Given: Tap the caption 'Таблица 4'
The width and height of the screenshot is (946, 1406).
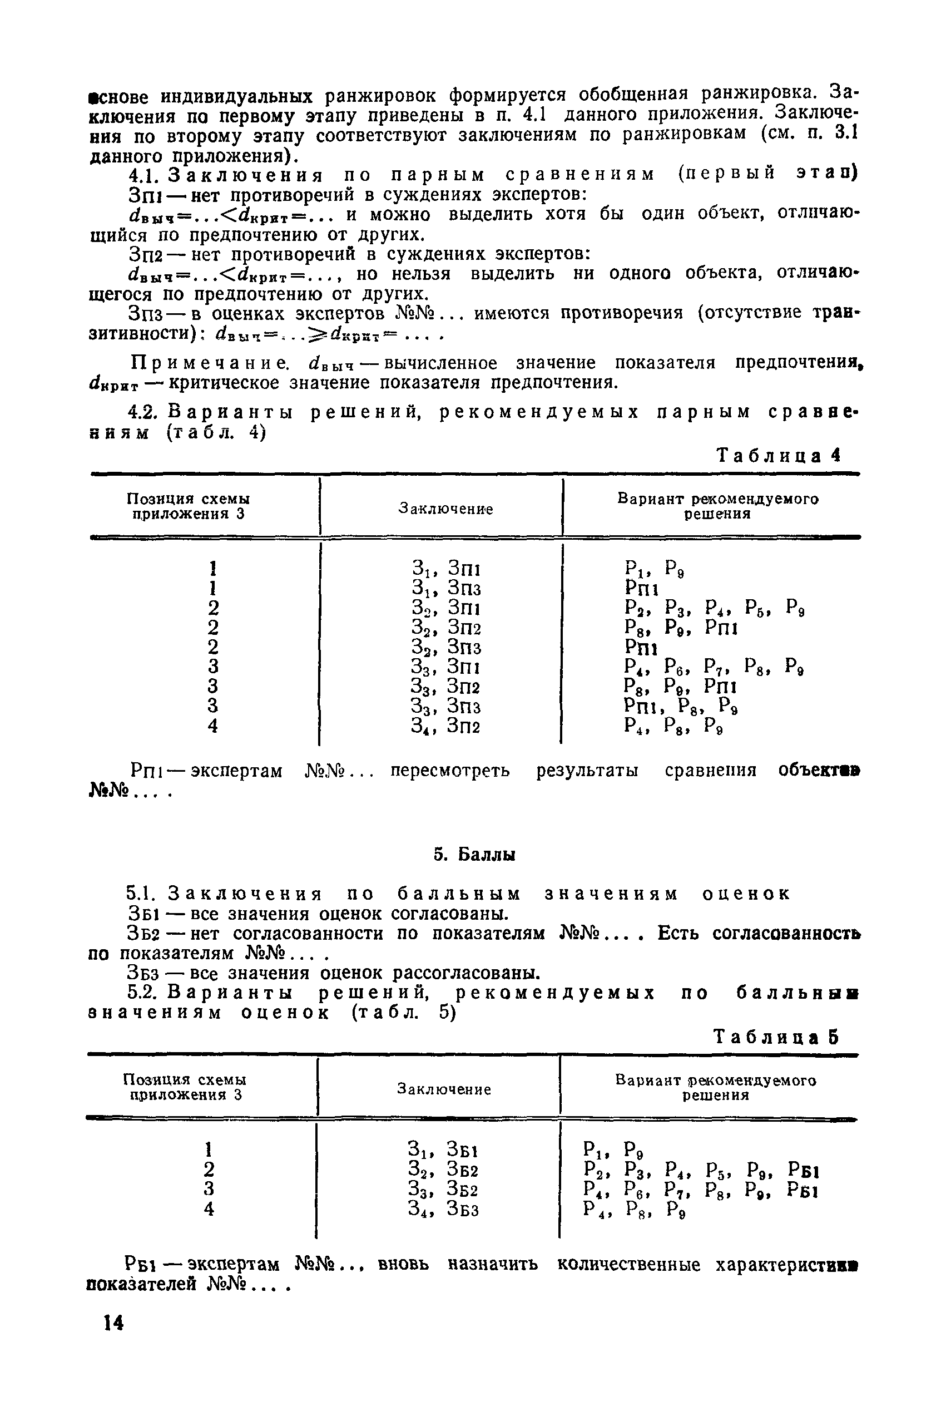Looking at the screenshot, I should coord(777,456).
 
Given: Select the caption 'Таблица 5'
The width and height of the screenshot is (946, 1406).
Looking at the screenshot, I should coord(776,1037).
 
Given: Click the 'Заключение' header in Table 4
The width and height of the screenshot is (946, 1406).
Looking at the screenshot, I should coord(446,509).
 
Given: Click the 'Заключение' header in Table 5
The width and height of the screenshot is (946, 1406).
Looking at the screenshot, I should coord(443,1089).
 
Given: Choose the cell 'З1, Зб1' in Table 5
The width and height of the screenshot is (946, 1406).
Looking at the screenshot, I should coord(443,1148).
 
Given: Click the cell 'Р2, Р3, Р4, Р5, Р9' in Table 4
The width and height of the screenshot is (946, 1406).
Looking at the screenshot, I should coord(715,608).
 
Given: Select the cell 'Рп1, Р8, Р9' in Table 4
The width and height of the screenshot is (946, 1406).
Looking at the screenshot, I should coord(681,706).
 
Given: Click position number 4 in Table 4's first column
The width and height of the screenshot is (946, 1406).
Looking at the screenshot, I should coord(212,726).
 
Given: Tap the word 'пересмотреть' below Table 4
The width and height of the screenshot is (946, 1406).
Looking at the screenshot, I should coord(449,771).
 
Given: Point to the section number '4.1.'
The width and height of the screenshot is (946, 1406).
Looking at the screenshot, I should coord(142,175).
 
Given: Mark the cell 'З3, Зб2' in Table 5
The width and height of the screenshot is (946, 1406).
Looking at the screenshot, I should coord(443,1188).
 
